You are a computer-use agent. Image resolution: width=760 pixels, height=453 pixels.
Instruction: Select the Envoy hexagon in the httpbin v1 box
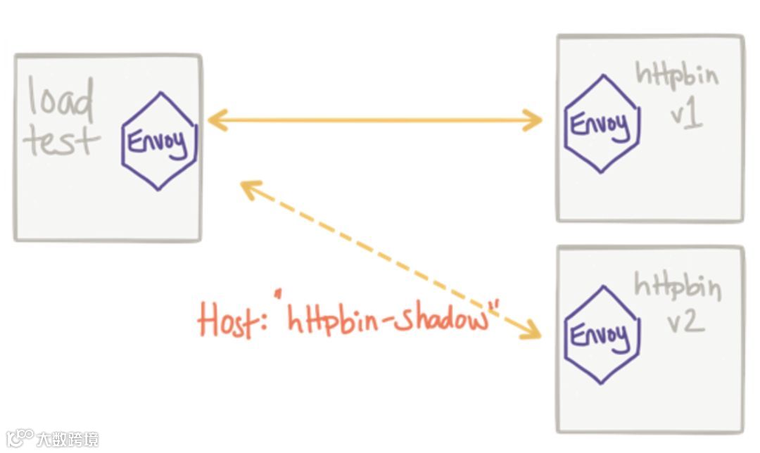coord(601,125)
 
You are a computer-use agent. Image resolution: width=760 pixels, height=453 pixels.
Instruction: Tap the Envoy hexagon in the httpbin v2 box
coord(601,334)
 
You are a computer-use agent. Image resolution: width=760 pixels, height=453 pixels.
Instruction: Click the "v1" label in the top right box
coord(685,115)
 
